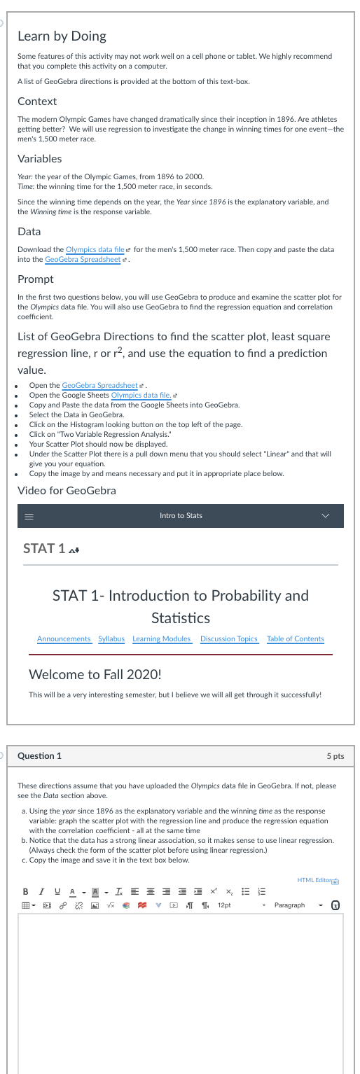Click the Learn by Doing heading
coord(62,36)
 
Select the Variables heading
coord(39,158)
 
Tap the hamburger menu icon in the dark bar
coord(29,516)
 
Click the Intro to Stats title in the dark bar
coord(181,516)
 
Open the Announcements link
coord(64,639)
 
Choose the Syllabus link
coord(111,639)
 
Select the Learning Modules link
coord(162,639)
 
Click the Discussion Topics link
coord(229,639)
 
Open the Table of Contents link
coord(296,639)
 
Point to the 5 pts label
coord(335,756)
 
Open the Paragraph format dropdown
coord(297,905)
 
